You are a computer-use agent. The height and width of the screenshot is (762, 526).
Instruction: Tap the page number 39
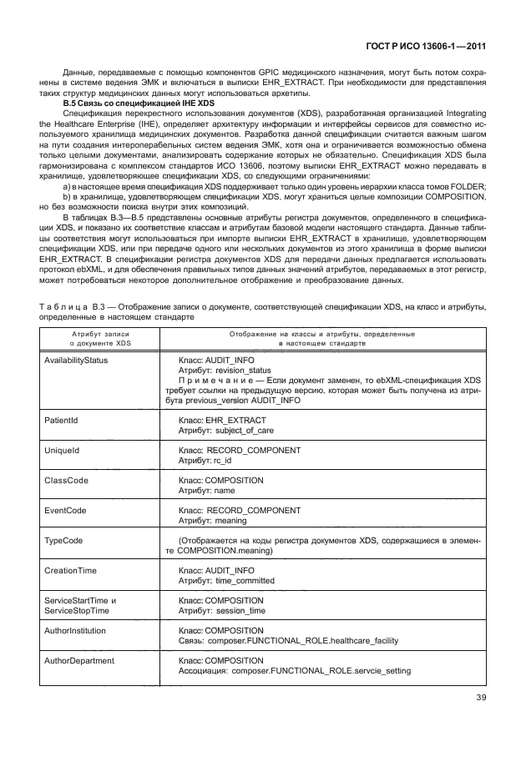(x=480, y=699)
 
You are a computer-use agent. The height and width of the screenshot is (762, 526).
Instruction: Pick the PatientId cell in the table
(x=61, y=421)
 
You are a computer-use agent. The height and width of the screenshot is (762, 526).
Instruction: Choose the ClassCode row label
(x=66, y=481)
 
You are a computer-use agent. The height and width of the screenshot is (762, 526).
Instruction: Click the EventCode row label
(x=66, y=510)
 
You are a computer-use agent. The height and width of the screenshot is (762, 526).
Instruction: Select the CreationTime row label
(x=71, y=570)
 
